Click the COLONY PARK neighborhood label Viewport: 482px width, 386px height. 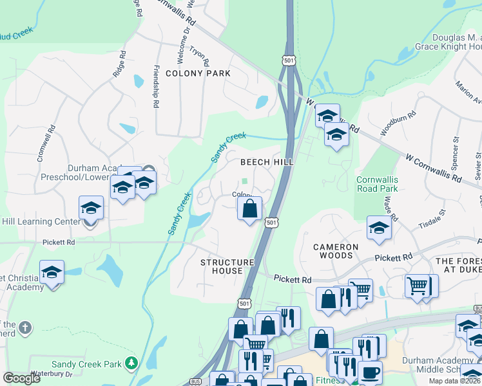tap(198, 73)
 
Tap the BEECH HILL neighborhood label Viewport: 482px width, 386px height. tap(267, 163)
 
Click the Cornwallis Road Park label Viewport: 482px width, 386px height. tap(377, 185)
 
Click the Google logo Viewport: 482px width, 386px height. tap(21, 378)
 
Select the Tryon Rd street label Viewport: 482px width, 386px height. tap(199, 56)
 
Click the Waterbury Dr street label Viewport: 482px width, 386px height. tap(50, 374)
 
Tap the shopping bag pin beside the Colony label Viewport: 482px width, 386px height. tap(249, 208)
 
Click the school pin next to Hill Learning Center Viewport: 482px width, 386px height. tap(92, 208)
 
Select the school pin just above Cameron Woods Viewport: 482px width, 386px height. tap(379, 228)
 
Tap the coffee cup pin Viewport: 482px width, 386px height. tap(370, 372)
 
